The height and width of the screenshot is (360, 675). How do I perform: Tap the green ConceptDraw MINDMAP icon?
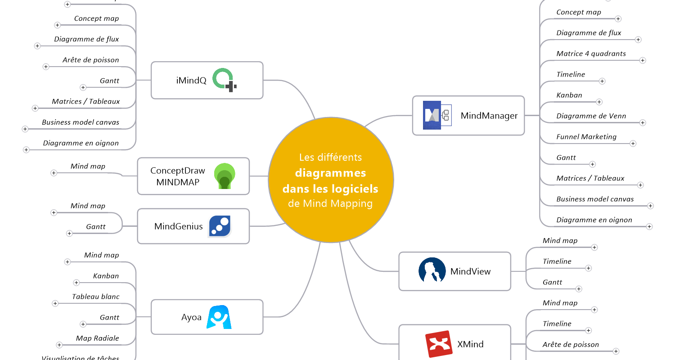click(225, 176)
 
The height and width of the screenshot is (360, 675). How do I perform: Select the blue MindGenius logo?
click(220, 226)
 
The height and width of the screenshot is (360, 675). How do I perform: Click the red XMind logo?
click(439, 344)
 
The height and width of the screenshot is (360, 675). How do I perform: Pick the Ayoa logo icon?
click(219, 317)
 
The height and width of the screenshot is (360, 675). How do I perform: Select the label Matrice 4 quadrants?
click(591, 54)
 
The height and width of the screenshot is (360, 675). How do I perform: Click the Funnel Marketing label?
click(586, 137)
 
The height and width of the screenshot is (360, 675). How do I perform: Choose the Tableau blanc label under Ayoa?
click(96, 297)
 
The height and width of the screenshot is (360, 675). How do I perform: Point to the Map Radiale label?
click(97, 338)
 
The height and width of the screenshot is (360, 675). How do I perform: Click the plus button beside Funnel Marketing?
click(633, 144)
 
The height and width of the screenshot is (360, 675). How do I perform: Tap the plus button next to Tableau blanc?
click(55, 303)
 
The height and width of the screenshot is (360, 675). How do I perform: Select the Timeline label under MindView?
click(557, 261)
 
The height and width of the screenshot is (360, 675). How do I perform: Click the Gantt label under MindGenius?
click(96, 227)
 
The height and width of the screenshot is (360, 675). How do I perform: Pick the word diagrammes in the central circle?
click(330, 173)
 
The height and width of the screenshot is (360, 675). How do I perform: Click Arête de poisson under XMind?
click(571, 345)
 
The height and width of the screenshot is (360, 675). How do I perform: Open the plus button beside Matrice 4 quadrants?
click(643, 60)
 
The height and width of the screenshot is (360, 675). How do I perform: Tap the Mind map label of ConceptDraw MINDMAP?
click(88, 166)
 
